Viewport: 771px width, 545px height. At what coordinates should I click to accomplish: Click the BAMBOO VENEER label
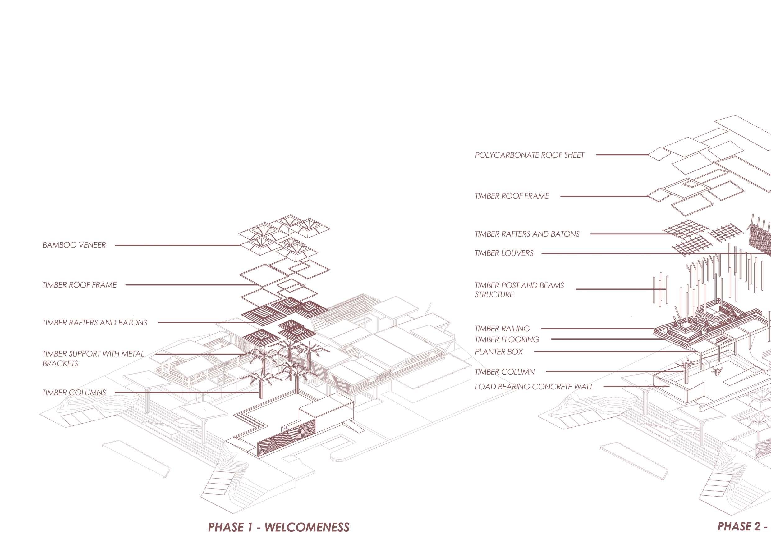pyautogui.click(x=74, y=245)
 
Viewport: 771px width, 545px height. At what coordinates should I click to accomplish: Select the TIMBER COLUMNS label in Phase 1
pyautogui.click(x=74, y=392)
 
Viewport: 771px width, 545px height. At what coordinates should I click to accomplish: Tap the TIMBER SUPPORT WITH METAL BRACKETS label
pyautogui.click(x=93, y=358)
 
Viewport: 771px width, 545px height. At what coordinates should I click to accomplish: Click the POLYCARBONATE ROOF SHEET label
pyautogui.click(x=529, y=155)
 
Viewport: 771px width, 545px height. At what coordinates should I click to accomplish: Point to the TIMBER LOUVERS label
pyautogui.click(x=504, y=253)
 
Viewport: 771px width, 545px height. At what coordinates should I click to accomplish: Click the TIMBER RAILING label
pyautogui.click(x=502, y=329)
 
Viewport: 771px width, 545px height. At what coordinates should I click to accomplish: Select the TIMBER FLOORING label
pyautogui.click(x=507, y=340)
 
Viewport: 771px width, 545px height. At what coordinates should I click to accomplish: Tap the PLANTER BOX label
pyautogui.click(x=499, y=352)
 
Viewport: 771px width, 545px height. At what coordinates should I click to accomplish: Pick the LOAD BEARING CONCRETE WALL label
pyautogui.click(x=534, y=387)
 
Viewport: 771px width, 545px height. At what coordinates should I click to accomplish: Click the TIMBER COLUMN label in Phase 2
pyautogui.click(x=504, y=372)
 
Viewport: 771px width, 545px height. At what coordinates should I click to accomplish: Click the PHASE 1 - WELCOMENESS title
pyautogui.click(x=278, y=527)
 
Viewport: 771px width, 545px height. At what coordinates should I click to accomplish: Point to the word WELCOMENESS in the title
pyautogui.click(x=307, y=527)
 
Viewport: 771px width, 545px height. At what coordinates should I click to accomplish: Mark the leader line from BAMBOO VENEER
pyautogui.click(x=178, y=245)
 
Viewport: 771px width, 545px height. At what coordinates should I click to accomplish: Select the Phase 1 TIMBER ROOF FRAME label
pyautogui.click(x=79, y=285)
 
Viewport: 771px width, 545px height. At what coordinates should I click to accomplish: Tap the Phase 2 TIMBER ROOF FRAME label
pyautogui.click(x=512, y=196)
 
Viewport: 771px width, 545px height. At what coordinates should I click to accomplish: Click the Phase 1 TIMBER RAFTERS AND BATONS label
pyautogui.click(x=94, y=323)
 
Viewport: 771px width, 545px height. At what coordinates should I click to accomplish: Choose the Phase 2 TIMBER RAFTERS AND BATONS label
pyautogui.click(x=527, y=234)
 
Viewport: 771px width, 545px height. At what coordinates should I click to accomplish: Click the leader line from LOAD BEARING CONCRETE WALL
pyautogui.click(x=636, y=386)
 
